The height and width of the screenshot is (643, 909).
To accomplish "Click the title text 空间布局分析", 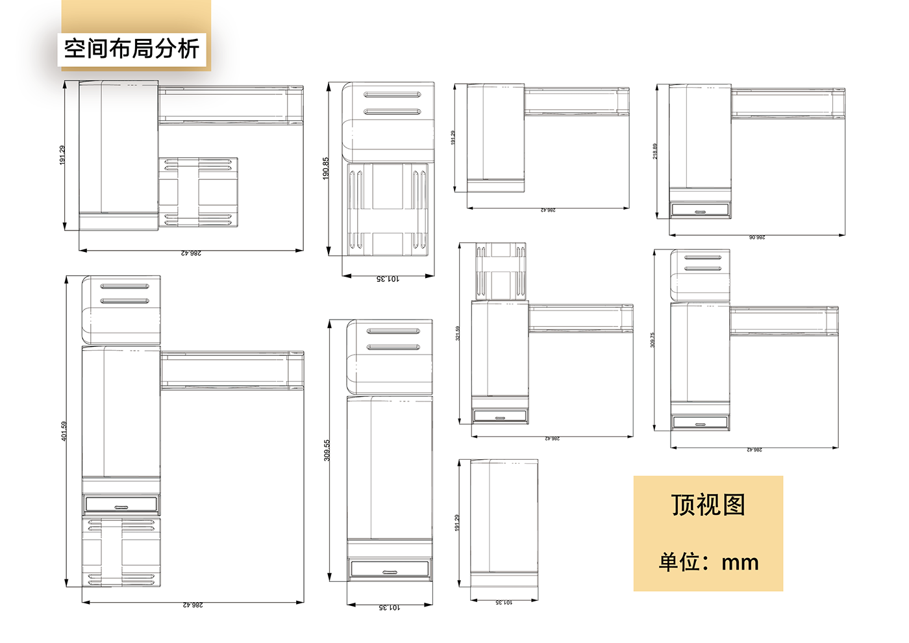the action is pyautogui.click(x=132, y=49).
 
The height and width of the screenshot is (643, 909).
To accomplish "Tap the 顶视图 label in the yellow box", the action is pyautogui.click(x=708, y=505).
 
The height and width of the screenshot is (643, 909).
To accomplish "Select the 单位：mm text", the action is pyautogui.click(x=708, y=562).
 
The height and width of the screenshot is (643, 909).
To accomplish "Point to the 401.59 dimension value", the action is pyautogui.click(x=64, y=431).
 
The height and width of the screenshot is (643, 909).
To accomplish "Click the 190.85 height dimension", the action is pyautogui.click(x=326, y=168).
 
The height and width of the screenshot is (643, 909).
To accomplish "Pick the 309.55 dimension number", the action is pyautogui.click(x=327, y=450).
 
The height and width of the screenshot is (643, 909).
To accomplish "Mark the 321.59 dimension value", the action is pyautogui.click(x=458, y=333).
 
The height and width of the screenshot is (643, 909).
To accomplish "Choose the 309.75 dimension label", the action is pyautogui.click(x=653, y=340).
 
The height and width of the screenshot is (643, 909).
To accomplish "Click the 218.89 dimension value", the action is pyautogui.click(x=655, y=151).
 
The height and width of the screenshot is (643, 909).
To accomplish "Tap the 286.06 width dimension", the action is pyautogui.click(x=757, y=238).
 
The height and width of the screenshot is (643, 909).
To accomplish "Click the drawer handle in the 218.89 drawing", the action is pyautogui.click(x=700, y=212).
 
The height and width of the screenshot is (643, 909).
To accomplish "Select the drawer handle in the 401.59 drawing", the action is pyautogui.click(x=121, y=507).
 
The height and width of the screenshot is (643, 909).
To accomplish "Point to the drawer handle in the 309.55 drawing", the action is pyautogui.click(x=390, y=572).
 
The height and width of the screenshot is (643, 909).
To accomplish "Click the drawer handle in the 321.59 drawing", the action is pyautogui.click(x=500, y=418).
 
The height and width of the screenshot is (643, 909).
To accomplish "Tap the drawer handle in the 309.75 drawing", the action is pyautogui.click(x=700, y=424).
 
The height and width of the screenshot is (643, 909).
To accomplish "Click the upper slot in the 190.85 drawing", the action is pyautogui.click(x=392, y=95).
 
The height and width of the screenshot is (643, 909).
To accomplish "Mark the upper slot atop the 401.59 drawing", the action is pyautogui.click(x=125, y=286).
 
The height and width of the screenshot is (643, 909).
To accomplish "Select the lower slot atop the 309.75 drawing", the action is pyautogui.click(x=703, y=268).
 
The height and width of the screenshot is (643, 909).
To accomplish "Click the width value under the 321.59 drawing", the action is pyautogui.click(x=552, y=439).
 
